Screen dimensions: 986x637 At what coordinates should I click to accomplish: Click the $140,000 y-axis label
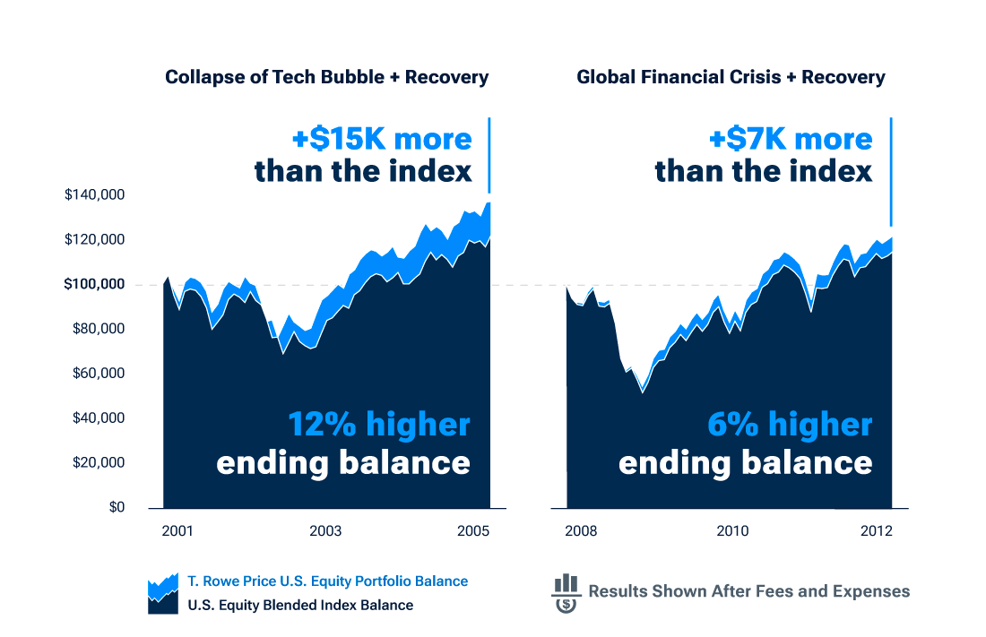pyautogui.click(x=94, y=195)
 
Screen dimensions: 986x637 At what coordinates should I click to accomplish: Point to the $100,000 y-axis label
pyautogui.click(x=94, y=284)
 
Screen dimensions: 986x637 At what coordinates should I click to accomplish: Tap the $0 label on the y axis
pyautogui.click(x=117, y=507)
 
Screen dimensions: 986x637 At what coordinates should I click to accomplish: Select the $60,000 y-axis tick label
pyautogui.click(x=99, y=373)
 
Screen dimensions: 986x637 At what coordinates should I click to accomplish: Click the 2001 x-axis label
pyautogui.click(x=177, y=531)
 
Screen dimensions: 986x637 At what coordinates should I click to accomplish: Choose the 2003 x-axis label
pyautogui.click(x=325, y=531)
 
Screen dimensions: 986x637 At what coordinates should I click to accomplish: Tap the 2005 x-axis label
pyautogui.click(x=473, y=531)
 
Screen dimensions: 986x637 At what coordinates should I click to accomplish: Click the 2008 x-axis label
pyautogui.click(x=581, y=531)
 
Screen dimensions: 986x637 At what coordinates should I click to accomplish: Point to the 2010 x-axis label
pyautogui.click(x=732, y=531)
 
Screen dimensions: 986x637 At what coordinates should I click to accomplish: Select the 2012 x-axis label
pyautogui.click(x=877, y=531)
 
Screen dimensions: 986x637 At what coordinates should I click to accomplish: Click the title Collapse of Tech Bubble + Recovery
pyautogui.click(x=327, y=77)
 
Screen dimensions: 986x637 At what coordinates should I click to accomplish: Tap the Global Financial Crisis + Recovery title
pyautogui.click(x=731, y=77)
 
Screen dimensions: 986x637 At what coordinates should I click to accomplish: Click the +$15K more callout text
pyautogui.click(x=382, y=139)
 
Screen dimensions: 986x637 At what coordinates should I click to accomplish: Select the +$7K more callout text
pyautogui.click(x=791, y=139)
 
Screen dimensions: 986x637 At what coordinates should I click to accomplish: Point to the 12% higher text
pyautogui.click(x=379, y=425)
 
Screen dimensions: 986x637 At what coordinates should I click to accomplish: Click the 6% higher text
pyautogui.click(x=790, y=425)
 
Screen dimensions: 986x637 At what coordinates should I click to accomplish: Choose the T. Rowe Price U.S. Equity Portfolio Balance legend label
pyautogui.click(x=327, y=581)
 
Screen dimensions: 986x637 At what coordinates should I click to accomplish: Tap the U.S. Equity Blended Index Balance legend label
pyautogui.click(x=300, y=605)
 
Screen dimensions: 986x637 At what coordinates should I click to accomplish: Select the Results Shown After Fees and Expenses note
pyautogui.click(x=749, y=591)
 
